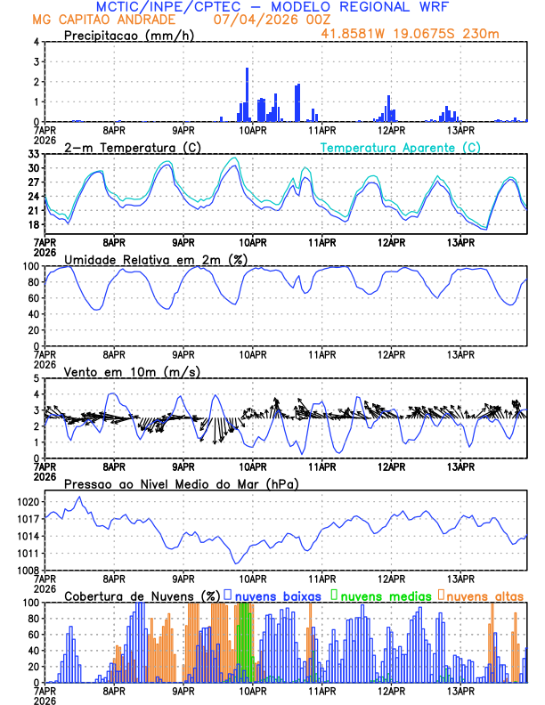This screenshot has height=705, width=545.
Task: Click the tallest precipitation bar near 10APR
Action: [247, 93]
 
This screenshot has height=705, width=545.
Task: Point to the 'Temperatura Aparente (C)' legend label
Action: [400, 147]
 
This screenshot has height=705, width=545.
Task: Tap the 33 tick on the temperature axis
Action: [33, 154]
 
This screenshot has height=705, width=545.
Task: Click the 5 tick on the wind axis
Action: [37, 378]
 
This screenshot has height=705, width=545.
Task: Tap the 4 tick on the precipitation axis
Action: [37, 42]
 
